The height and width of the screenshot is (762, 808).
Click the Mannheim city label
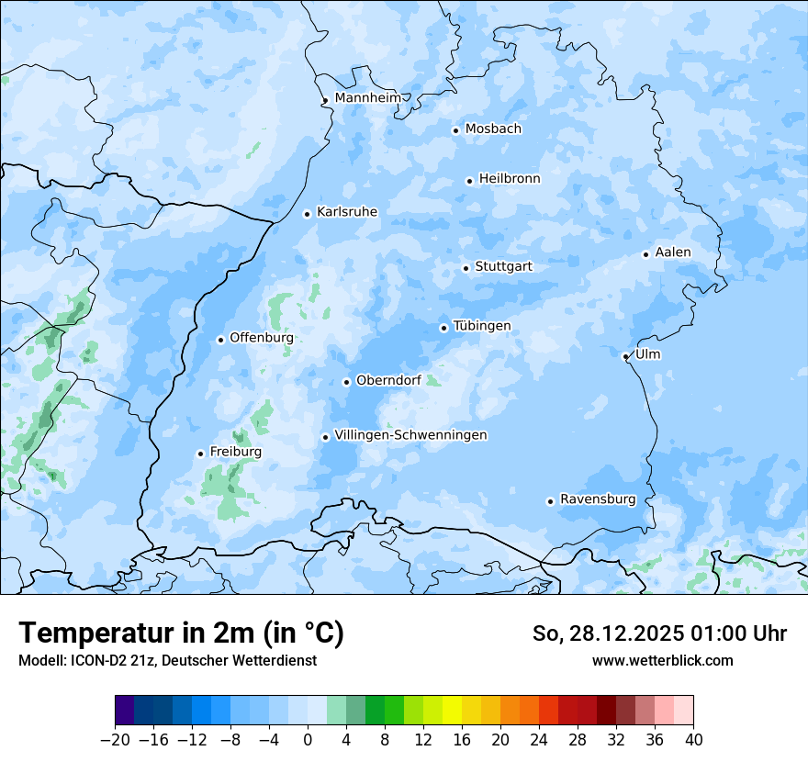367,98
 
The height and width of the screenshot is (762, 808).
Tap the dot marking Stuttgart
466,268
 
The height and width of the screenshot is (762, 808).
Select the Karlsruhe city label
347,212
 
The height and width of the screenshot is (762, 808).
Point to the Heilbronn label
510,179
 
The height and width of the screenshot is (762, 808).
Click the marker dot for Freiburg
200,454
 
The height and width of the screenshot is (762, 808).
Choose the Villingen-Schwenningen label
410,435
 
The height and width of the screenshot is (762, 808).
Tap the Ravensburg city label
598,499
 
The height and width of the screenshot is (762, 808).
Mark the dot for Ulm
625,356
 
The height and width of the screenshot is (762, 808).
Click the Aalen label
673,252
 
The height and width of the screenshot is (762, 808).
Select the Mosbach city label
493,129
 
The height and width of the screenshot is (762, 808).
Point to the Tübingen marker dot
443,328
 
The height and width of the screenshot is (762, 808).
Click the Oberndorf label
388,381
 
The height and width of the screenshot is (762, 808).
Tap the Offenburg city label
262,338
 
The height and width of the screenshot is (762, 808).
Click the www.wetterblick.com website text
662,661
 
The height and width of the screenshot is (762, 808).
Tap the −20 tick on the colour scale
115,740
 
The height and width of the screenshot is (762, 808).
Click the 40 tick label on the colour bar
693,740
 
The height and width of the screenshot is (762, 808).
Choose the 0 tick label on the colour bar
308,740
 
